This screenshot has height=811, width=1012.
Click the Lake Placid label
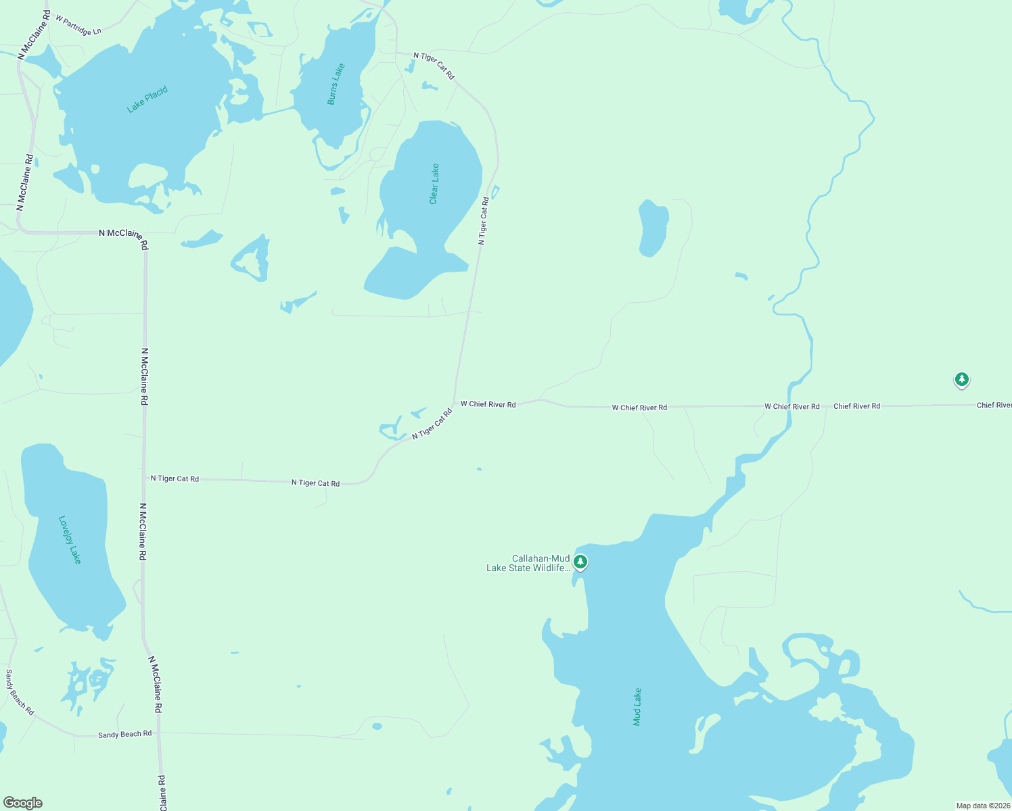coord(147,99)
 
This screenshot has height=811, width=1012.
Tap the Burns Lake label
coord(336,84)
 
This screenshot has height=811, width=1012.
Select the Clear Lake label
coord(434,184)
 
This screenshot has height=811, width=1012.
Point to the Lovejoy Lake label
coord(70,539)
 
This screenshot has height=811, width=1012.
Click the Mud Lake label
coord(637,707)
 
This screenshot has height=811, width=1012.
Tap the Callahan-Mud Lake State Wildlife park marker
coord(580,562)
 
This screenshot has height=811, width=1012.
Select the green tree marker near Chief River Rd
coord(961,379)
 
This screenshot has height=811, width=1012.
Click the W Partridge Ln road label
coord(78,26)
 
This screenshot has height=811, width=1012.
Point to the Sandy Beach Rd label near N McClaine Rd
coord(124,734)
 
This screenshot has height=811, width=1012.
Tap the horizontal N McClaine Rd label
coord(121,233)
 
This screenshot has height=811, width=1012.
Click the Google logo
coord(22,803)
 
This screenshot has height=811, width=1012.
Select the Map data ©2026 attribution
coord(983,806)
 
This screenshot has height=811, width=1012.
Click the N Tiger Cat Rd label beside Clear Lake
coord(483,220)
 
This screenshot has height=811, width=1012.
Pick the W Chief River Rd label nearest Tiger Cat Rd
coord(488,404)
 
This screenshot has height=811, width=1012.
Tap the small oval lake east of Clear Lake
coord(653,228)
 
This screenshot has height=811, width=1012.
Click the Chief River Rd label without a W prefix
coord(856,406)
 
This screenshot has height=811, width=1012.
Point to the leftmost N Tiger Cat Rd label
coord(175,478)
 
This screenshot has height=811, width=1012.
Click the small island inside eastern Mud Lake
coord(825,708)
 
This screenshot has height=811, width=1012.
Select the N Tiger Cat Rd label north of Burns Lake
coord(434,66)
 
